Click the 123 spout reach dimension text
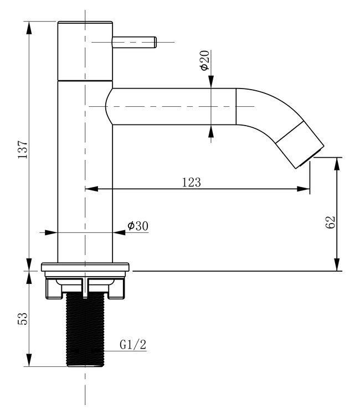click(x=191, y=182)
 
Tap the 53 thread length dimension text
click(x=23, y=319)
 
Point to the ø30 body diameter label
click(x=137, y=226)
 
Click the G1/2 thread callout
click(x=133, y=345)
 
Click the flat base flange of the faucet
click(x=85, y=267)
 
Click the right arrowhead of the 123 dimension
click(x=305, y=189)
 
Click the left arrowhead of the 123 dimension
click(x=89, y=189)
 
